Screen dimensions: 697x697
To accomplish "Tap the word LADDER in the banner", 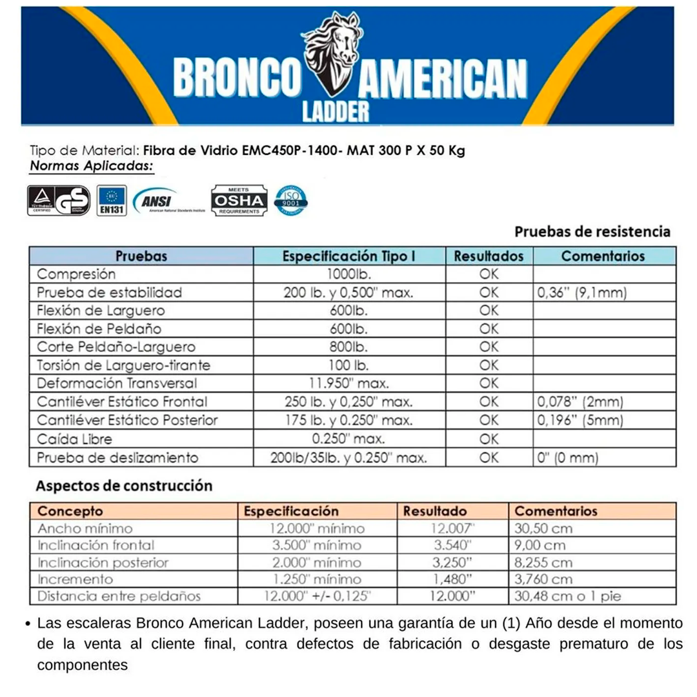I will [x=336, y=110].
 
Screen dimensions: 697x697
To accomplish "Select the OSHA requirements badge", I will [x=238, y=201].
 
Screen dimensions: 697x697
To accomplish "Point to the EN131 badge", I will [x=112, y=201].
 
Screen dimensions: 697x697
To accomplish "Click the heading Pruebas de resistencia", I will [x=592, y=231].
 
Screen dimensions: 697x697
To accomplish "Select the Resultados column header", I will [x=489, y=256].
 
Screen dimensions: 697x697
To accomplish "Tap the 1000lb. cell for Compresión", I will [x=348, y=274].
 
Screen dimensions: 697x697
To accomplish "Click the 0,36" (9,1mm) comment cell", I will [x=582, y=292].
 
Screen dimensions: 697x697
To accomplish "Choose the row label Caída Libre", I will [x=75, y=439].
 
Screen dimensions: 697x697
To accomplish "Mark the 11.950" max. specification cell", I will [x=348, y=384].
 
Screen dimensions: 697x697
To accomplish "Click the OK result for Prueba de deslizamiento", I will [x=489, y=458].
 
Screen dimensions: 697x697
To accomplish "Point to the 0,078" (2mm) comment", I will [x=580, y=403].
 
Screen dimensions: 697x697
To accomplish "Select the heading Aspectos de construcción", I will [x=124, y=485].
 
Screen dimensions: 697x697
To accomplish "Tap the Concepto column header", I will [x=70, y=511].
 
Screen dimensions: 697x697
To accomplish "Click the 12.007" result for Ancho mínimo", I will [x=452, y=529].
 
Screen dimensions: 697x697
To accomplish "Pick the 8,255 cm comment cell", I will [x=543, y=562].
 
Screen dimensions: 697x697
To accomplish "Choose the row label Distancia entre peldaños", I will [x=119, y=596].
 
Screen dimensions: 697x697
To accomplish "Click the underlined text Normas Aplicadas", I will [x=92, y=166].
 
